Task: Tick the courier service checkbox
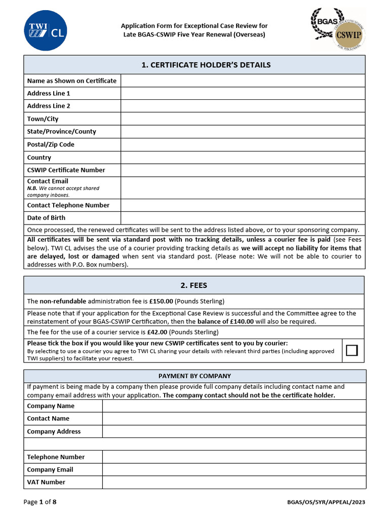tap(352, 351)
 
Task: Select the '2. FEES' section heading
tap(194, 285)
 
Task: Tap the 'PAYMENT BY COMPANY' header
tap(194, 376)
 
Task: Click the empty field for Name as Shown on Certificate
tap(243, 81)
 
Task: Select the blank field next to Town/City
tap(243, 119)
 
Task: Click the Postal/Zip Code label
tap(51, 144)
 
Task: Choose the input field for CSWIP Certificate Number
tap(243, 170)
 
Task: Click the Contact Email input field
tap(243, 188)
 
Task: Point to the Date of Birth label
tap(46, 218)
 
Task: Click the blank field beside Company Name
tap(234, 406)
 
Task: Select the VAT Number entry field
tap(234, 483)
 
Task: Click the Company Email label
tap(50, 470)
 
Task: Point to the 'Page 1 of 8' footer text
tap(40, 502)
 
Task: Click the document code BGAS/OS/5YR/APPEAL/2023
tap(326, 503)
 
